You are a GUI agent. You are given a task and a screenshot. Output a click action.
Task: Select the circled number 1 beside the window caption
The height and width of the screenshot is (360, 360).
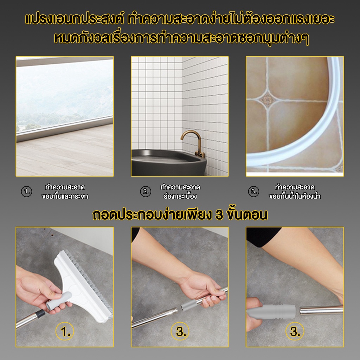coord(27,192)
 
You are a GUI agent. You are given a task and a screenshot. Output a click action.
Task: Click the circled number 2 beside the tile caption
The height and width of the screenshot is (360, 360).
coord(146,192)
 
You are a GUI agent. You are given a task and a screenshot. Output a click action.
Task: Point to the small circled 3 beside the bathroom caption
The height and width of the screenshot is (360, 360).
coord(254,192)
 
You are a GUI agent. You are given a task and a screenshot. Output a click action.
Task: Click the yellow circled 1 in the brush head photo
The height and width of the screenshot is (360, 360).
coord(65,332)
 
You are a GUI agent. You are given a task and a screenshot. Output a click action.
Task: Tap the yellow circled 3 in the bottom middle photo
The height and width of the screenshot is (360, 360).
coord(180,332)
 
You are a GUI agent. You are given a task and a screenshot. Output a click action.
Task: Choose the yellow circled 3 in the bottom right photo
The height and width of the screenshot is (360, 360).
coord(295,332)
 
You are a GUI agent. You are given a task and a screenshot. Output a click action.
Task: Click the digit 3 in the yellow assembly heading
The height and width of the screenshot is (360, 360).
coord(219,215)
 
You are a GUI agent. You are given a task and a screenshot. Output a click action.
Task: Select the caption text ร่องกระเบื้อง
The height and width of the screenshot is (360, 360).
coord(180,197)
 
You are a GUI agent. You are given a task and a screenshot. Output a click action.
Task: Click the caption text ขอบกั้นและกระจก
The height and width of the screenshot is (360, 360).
coord(65,197)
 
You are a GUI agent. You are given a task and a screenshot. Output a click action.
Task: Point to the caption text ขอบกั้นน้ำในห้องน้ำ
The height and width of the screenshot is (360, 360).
coord(295,197)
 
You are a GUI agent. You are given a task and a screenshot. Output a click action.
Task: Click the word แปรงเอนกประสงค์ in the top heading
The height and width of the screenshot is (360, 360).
coord(75,19)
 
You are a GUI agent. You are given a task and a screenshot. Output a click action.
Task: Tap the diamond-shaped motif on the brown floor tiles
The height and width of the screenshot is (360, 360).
coord(267,100)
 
